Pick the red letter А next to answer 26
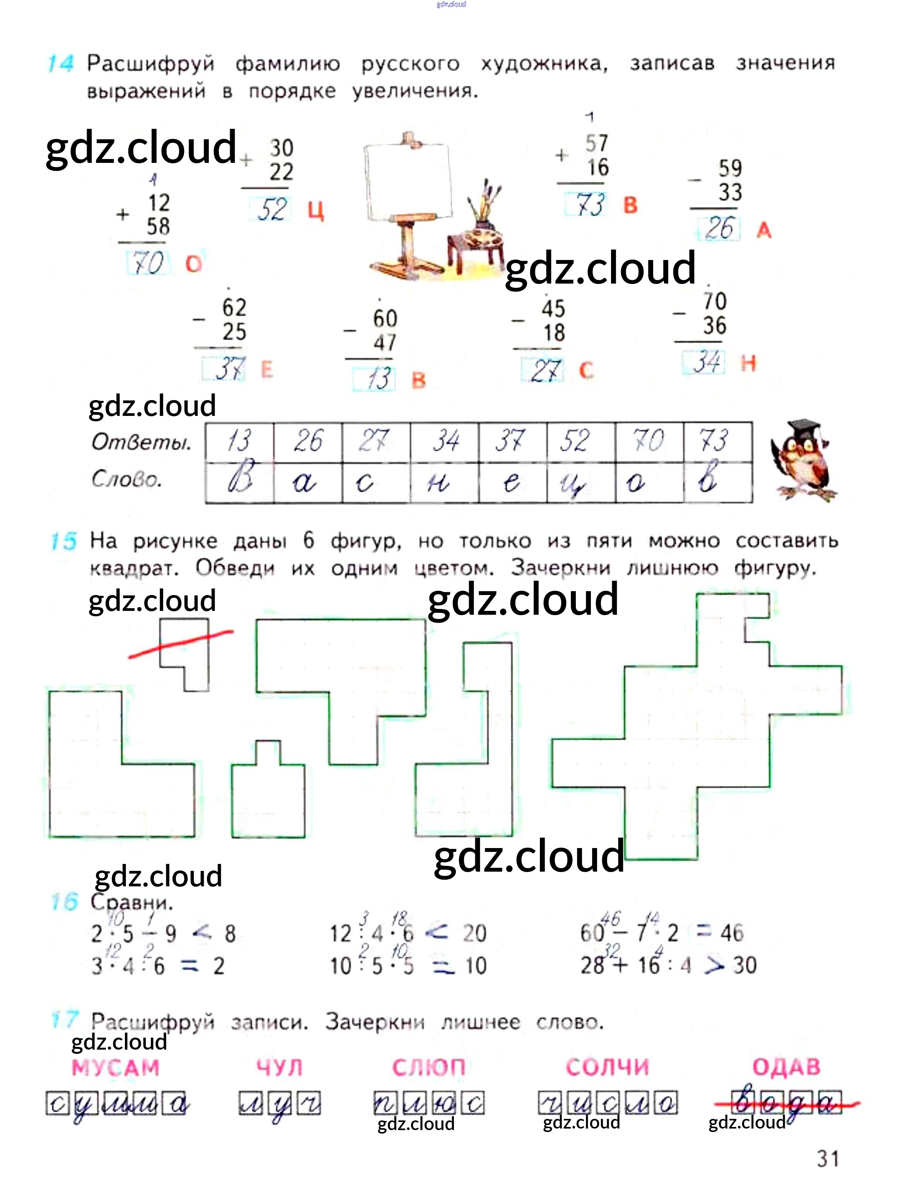coord(764,231)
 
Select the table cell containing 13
coord(239,441)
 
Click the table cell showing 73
coord(717,441)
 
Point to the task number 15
coord(63,541)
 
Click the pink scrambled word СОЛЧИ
coord(608,1067)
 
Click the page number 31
coord(828,1158)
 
